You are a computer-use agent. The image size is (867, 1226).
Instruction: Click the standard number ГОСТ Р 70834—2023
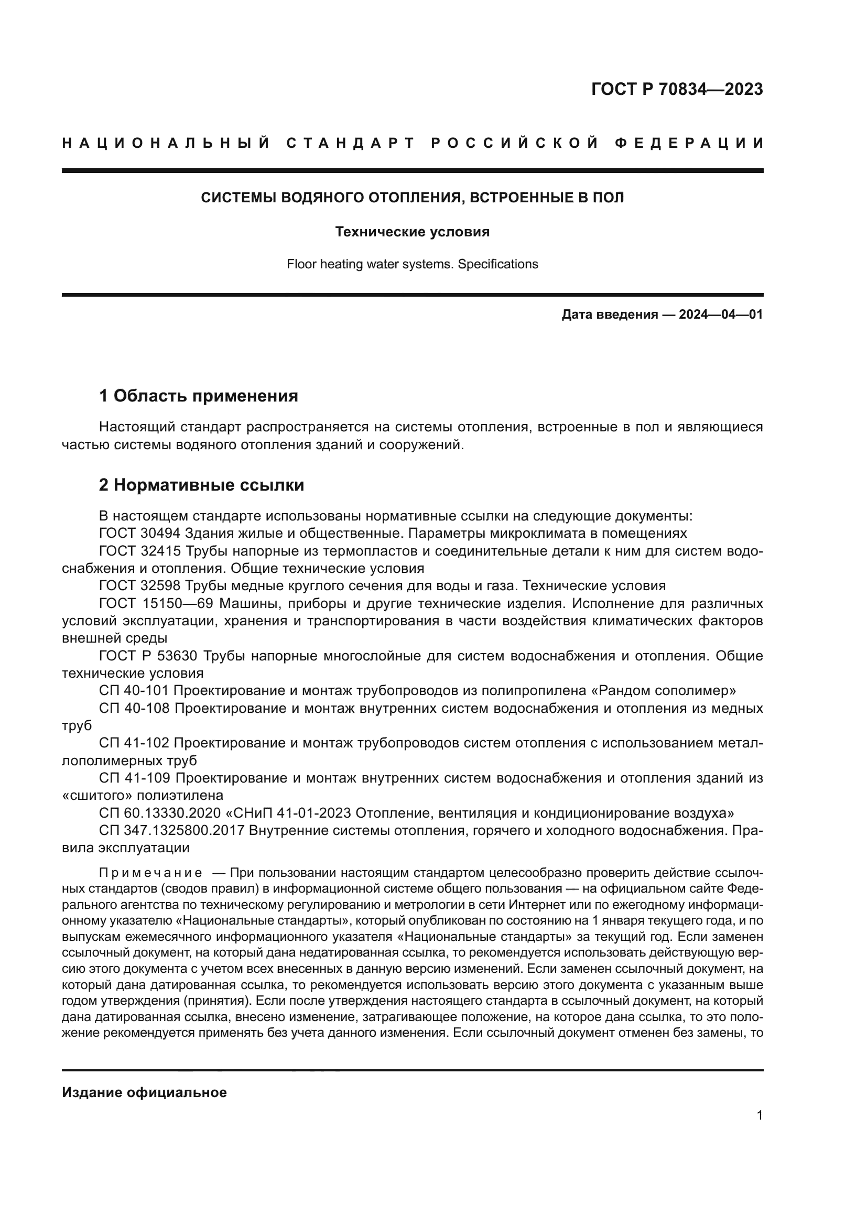[x=677, y=89]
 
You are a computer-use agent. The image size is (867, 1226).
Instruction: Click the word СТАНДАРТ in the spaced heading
[x=351, y=143]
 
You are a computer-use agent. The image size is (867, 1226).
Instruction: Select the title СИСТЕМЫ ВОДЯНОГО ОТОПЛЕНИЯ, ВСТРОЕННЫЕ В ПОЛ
[x=412, y=198]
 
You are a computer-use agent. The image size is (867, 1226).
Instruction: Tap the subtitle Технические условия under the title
[x=412, y=232]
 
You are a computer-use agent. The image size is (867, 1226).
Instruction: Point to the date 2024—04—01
[x=721, y=314]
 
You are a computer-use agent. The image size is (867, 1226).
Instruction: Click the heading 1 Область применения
[x=199, y=396]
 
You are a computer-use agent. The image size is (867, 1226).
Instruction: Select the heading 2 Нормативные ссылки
[x=201, y=485]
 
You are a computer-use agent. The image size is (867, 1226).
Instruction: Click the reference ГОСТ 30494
[x=140, y=534]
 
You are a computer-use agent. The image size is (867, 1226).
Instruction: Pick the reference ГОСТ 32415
[x=140, y=551]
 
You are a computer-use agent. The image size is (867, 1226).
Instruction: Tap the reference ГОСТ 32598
[x=140, y=586]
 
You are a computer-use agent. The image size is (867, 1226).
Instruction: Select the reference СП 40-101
[x=134, y=691]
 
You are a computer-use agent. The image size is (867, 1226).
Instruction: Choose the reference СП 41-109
[x=134, y=778]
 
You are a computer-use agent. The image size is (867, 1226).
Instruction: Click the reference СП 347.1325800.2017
[x=171, y=830]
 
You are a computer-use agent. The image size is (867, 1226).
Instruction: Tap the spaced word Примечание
[x=150, y=873]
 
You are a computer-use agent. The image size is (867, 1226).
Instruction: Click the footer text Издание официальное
[x=144, y=1092]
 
